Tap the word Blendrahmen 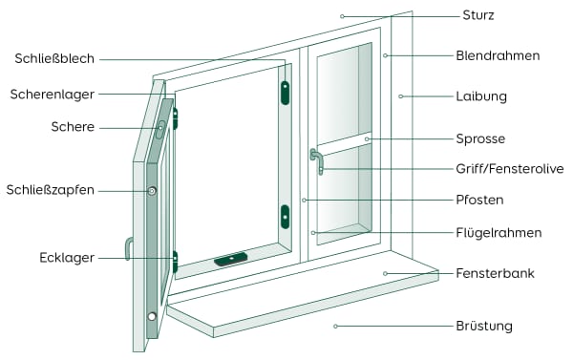coord(498,55)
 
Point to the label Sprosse coord(480,138)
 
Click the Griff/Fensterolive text coord(509,168)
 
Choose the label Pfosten coord(479,200)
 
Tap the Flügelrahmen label coord(499,232)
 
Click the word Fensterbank coord(495,273)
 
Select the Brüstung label coord(484,326)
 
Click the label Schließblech coord(54,59)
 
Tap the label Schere coord(73,126)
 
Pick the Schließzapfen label coord(50,190)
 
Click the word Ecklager coord(66,257)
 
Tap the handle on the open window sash coord(127,248)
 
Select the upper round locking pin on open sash coord(152,191)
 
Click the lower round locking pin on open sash coord(151,316)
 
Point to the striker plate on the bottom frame coord(231,259)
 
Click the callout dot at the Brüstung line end coord(335,326)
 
